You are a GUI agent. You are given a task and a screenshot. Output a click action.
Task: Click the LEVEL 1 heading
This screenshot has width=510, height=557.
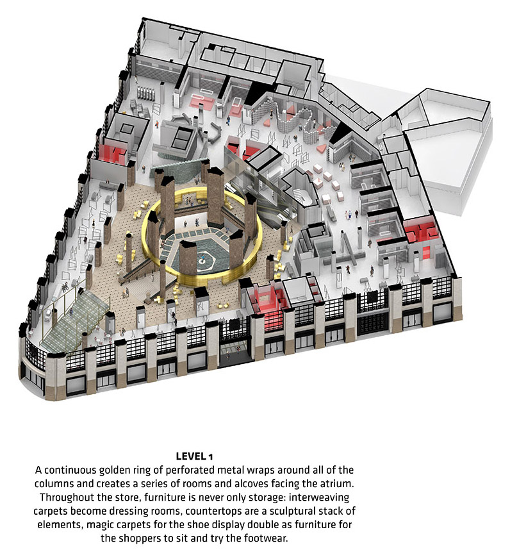coord(194,456)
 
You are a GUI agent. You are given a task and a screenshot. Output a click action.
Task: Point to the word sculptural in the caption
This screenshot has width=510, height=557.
coord(293,511)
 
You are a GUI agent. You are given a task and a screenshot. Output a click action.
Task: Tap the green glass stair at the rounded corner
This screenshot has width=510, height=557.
coord(74,317)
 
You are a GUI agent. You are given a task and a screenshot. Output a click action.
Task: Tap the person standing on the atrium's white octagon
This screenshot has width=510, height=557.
coord(203,258)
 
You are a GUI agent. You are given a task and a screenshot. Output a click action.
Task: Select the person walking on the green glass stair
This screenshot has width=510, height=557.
coord(71,313)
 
